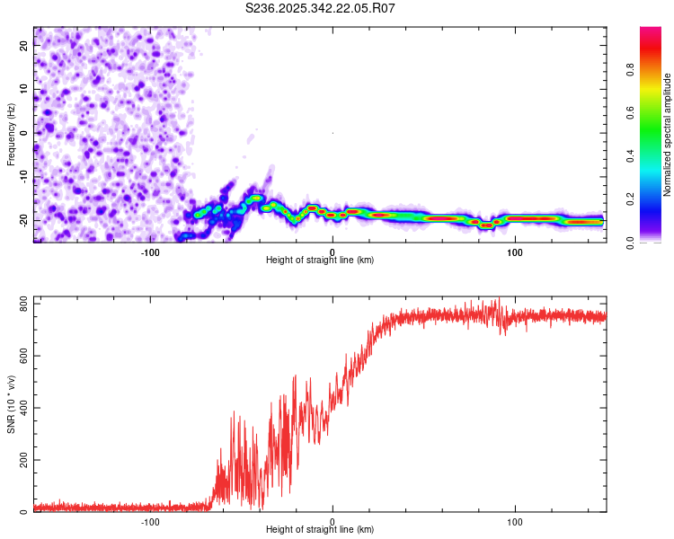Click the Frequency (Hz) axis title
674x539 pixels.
[11, 134]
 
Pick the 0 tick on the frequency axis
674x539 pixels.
[24, 134]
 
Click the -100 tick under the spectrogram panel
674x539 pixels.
[150, 252]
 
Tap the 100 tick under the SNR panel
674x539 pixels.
[515, 522]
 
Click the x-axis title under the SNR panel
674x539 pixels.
[320, 530]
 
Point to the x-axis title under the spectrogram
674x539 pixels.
[320, 261]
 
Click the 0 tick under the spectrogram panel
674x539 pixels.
[333, 252]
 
